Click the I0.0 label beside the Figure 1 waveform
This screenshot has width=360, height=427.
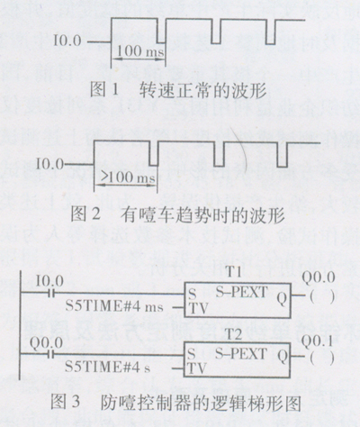(x=67, y=41)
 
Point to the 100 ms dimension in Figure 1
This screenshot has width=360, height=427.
(x=140, y=50)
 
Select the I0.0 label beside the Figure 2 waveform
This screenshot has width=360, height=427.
(x=49, y=164)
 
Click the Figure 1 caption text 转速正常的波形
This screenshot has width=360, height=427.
(x=202, y=90)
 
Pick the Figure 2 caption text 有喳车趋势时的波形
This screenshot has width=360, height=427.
(x=202, y=214)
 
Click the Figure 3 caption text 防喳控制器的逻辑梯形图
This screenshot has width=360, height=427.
(x=201, y=403)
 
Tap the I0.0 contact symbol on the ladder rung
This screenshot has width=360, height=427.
(x=51, y=294)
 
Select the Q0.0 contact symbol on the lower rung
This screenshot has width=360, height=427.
(x=51, y=355)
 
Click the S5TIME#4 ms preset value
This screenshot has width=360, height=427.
(x=114, y=306)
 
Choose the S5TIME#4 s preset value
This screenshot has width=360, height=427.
(x=108, y=367)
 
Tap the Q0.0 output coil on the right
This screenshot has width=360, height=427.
(x=322, y=297)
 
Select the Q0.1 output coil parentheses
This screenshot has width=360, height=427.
(x=322, y=358)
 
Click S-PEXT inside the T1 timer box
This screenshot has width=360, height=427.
(x=241, y=292)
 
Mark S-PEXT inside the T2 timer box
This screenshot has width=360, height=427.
(x=241, y=354)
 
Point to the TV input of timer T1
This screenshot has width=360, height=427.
(x=197, y=308)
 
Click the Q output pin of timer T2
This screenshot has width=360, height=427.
(x=283, y=357)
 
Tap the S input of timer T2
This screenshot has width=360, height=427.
(x=192, y=355)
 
